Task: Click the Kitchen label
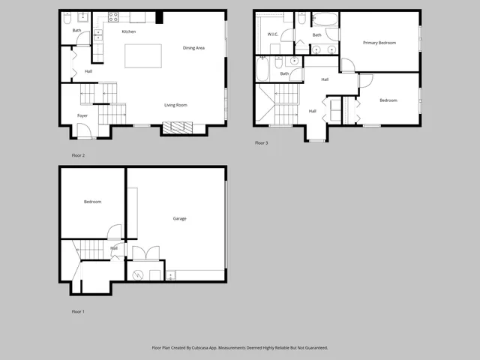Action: point(129,31)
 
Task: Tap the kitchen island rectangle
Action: point(142,55)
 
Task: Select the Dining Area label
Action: point(193,48)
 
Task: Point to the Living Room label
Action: point(175,105)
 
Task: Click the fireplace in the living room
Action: point(181,127)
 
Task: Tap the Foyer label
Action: point(82,115)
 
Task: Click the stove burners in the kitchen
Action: point(114,16)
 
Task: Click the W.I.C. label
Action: point(273,34)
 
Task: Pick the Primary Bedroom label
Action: point(379,43)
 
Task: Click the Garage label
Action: point(180,219)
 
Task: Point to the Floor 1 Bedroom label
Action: point(92,202)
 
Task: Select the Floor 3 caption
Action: point(261,142)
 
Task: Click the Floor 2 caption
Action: point(78,155)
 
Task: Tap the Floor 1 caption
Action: point(78,311)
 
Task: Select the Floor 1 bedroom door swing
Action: point(113,232)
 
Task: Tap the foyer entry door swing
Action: point(85,131)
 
